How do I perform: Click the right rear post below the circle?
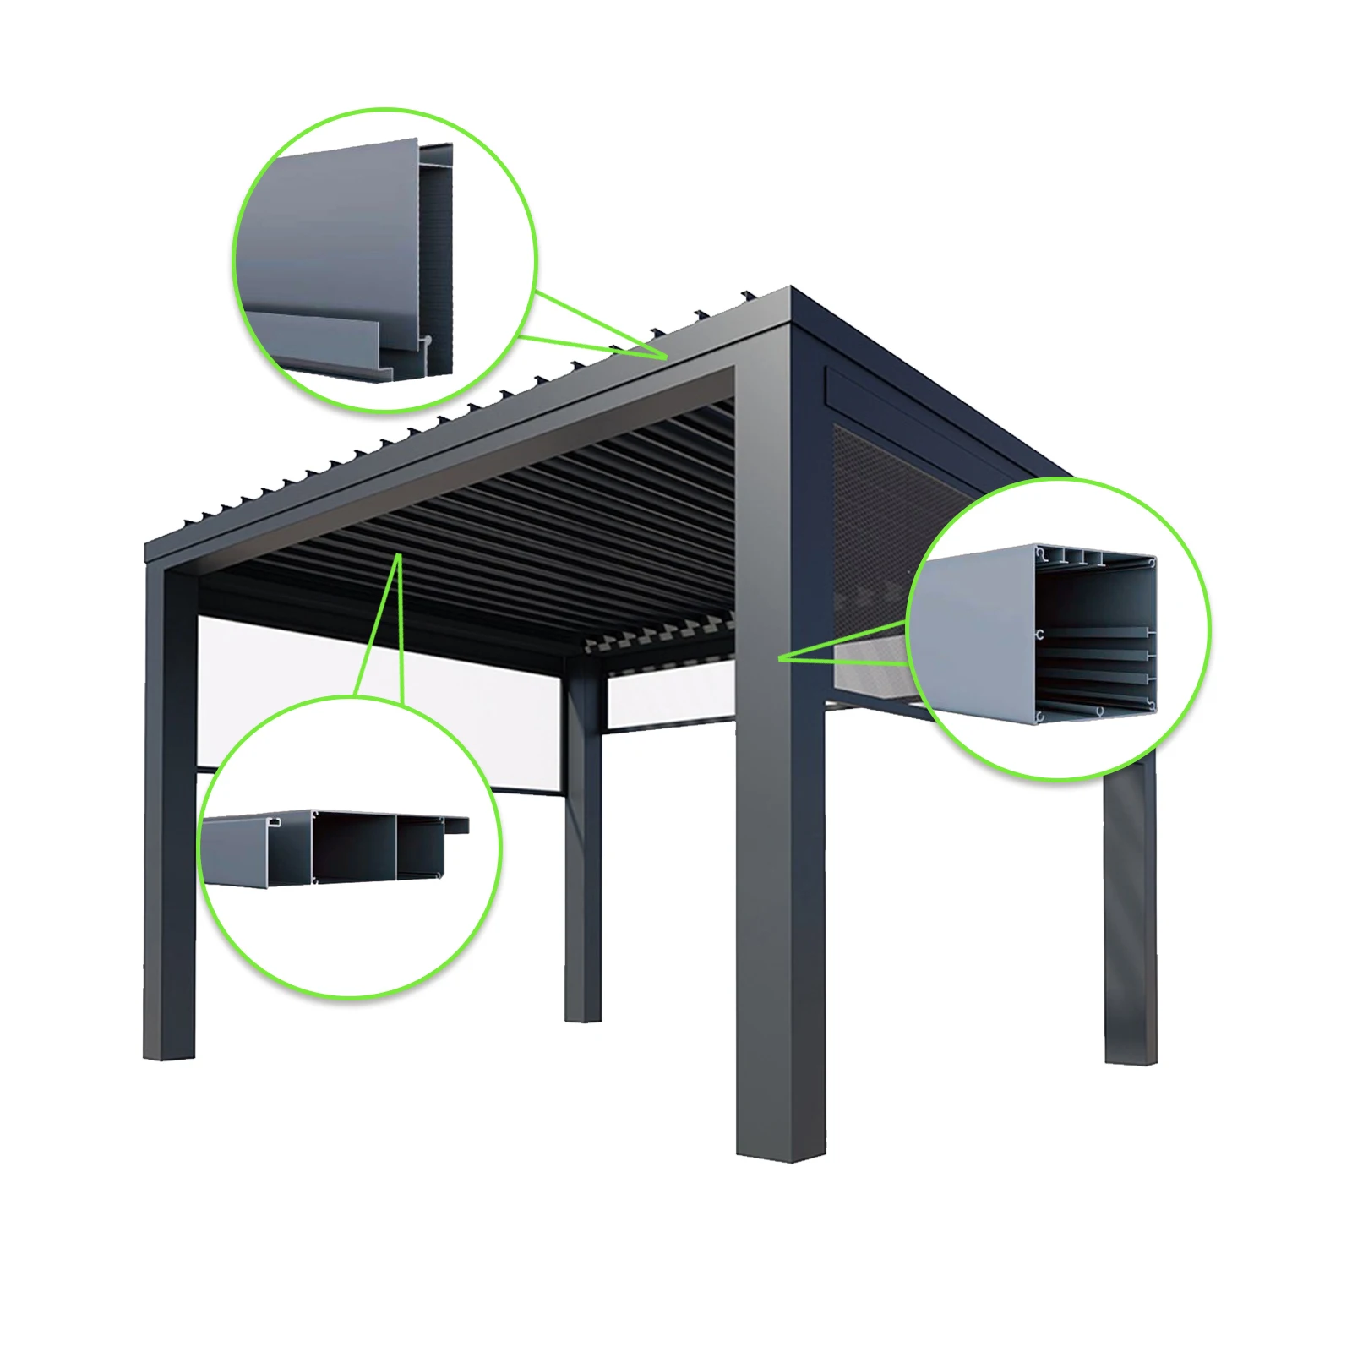1130,913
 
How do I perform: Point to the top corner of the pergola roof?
791,292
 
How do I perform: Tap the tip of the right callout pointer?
779,657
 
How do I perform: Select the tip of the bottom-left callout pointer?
398,556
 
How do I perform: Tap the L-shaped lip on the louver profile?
338,346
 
